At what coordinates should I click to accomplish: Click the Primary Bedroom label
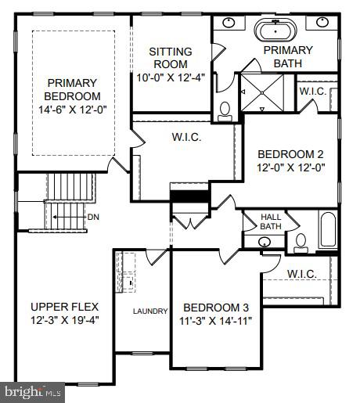coord(72,88)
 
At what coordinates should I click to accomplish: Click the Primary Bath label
coord(287,56)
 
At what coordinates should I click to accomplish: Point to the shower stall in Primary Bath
coord(264,92)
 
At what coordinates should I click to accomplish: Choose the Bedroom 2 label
coord(290,153)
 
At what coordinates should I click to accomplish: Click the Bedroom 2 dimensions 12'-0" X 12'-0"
coord(290,167)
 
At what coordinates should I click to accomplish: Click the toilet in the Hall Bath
coord(301,244)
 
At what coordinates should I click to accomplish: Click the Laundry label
coord(150,311)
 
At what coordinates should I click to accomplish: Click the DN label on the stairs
coord(93,217)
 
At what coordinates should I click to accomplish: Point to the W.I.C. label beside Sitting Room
coord(187,138)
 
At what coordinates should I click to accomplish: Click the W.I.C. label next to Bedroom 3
coord(301,273)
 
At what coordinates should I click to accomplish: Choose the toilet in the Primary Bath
coord(225,110)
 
